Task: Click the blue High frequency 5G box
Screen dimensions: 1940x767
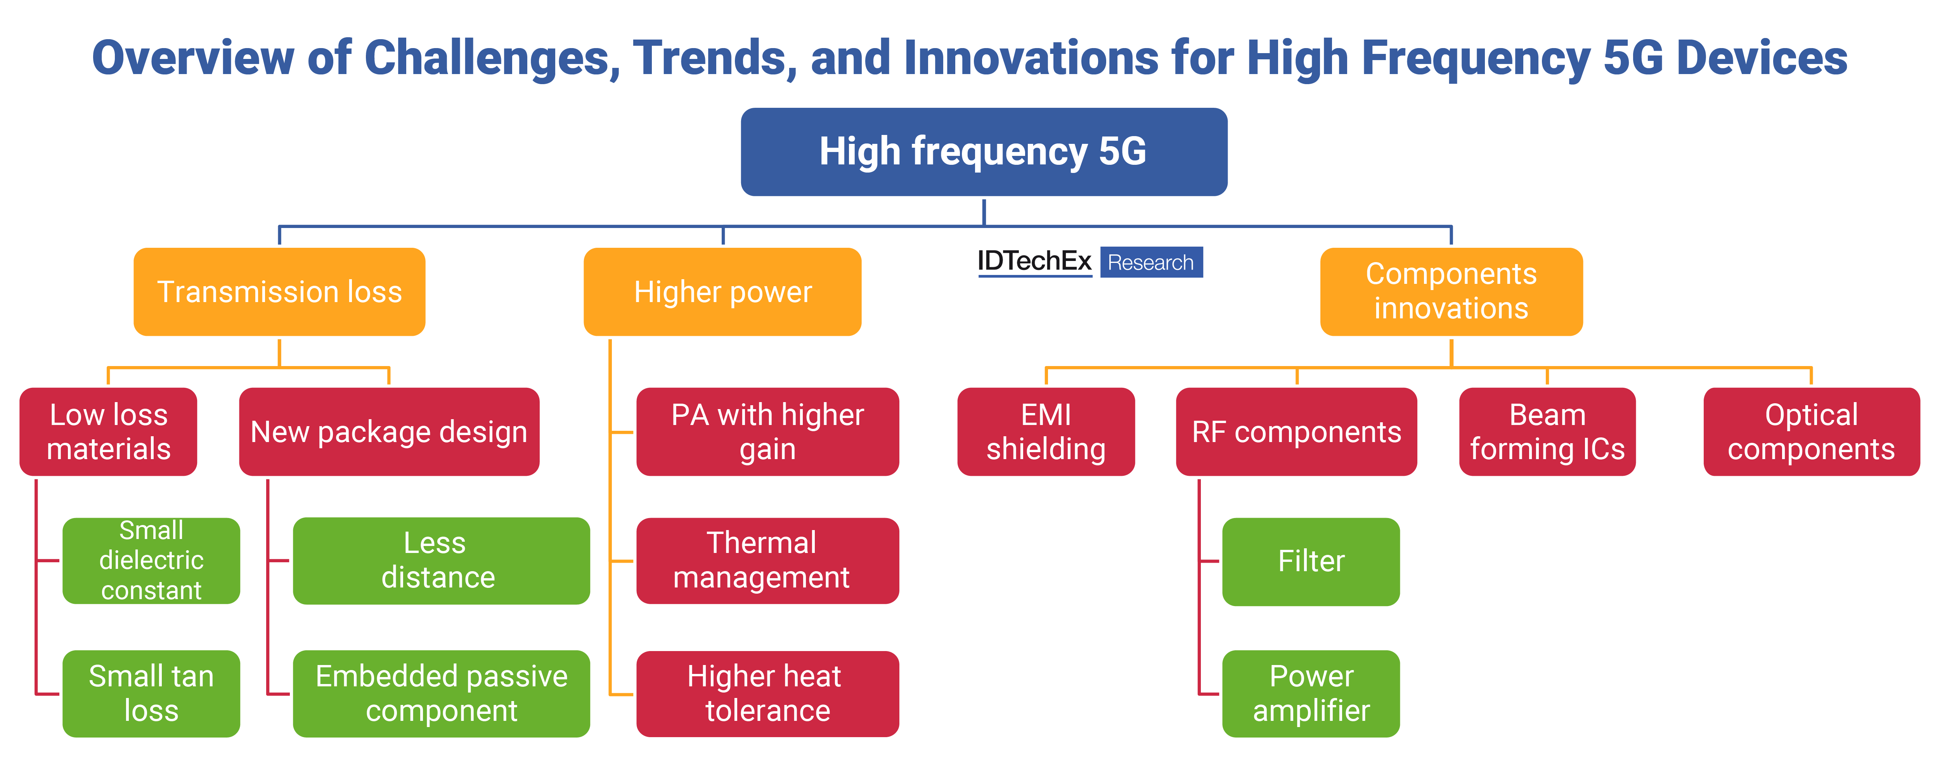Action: [984, 152]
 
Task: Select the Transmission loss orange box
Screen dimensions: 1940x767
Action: [279, 291]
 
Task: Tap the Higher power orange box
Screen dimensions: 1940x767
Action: [722, 291]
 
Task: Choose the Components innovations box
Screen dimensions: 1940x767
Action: [1451, 291]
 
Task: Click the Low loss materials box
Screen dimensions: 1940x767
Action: [109, 431]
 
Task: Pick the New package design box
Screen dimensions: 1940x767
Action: [389, 431]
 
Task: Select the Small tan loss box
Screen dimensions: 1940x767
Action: [151, 693]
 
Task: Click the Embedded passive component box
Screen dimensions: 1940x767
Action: [441, 693]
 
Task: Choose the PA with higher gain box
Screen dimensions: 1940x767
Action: [767, 431]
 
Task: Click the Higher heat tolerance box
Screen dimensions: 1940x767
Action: [767, 693]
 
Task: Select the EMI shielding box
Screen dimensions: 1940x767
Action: [1046, 431]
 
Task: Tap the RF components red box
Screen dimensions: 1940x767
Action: [1296, 431]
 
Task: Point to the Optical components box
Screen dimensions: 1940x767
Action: [1811, 431]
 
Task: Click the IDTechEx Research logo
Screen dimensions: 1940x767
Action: [1090, 262]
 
